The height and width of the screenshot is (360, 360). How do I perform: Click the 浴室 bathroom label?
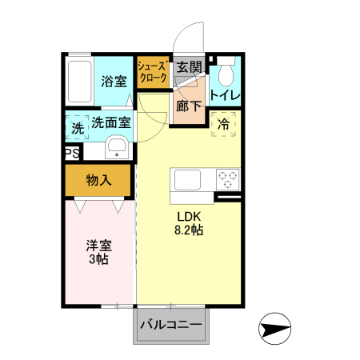point(114,81)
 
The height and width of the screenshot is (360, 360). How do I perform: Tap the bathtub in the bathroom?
point(79,80)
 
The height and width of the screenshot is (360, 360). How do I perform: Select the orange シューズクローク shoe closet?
point(152,72)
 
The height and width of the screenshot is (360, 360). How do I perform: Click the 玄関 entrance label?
point(188,67)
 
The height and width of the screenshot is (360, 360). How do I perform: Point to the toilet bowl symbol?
point(224,74)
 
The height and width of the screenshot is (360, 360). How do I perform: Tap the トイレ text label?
point(225,95)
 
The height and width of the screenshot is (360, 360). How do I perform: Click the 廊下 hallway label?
point(188,105)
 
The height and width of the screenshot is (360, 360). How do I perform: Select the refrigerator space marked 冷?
point(224,124)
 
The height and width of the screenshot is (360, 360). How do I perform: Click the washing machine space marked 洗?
point(77,127)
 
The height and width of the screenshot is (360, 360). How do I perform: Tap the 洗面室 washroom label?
point(110,122)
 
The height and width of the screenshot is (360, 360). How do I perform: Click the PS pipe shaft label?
point(71,151)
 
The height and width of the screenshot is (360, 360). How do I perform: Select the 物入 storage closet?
point(98,181)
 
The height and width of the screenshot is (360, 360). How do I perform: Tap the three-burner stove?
point(227,178)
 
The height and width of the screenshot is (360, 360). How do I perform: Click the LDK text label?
point(190,217)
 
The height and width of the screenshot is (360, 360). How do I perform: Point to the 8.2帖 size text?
point(190,230)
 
